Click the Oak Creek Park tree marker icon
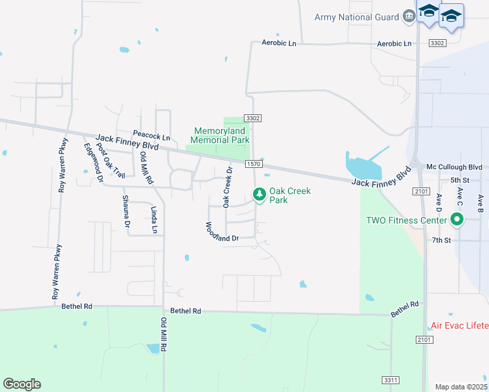click(x=260, y=194)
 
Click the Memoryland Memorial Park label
click(x=220, y=136)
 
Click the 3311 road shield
click(x=390, y=380)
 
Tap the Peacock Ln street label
click(x=152, y=138)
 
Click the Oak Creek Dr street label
click(x=228, y=188)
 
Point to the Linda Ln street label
click(x=154, y=220)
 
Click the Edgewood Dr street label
click(x=93, y=161)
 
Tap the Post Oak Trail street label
click(x=110, y=159)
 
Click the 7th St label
click(x=441, y=240)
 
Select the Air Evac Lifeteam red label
click(x=460, y=325)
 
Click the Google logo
click(x=22, y=384)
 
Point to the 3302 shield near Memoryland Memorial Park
click(x=253, y=118)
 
